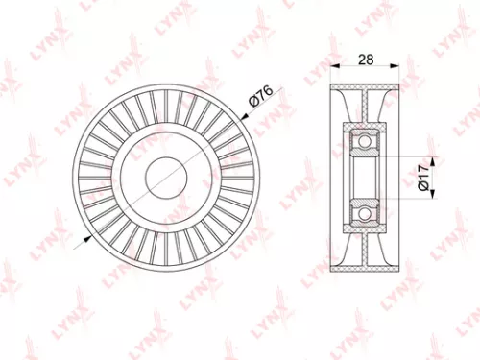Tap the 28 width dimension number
364,59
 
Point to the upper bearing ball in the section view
364,144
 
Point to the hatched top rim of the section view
364,86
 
